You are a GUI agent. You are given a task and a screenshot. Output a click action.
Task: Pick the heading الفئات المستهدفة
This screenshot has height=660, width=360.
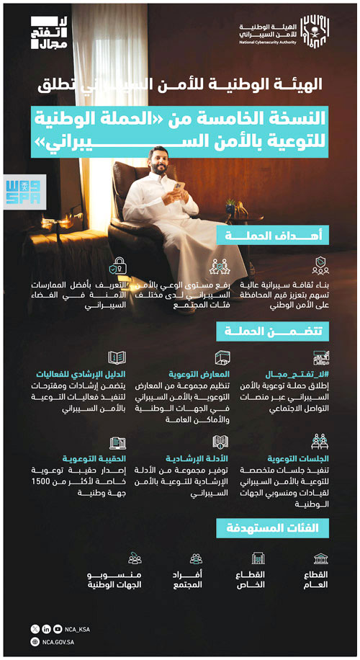click(273, 528)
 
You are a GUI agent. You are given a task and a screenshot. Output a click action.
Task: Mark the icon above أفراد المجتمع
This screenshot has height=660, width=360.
click(196, 558)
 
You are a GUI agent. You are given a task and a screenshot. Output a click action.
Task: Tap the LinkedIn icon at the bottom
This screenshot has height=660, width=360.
click(46, 629)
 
